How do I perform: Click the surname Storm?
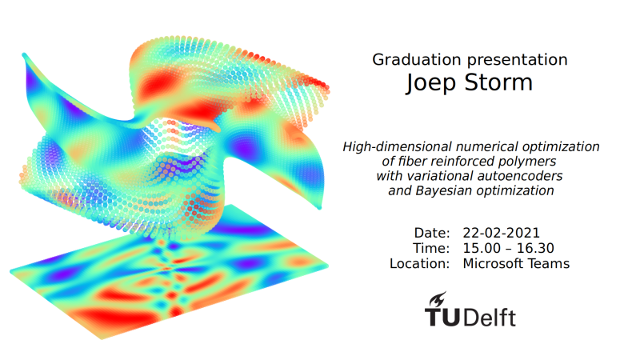(498, 82)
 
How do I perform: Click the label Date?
(432, 233)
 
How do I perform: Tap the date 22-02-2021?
(502, 233)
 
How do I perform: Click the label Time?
(431, 248)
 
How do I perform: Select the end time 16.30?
(535, 248)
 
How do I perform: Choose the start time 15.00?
(482, 248)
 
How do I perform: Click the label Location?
(419, 264)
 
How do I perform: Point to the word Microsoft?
(493, 264)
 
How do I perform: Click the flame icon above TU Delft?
(437, 299)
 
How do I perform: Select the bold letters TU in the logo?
(443, 318)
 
